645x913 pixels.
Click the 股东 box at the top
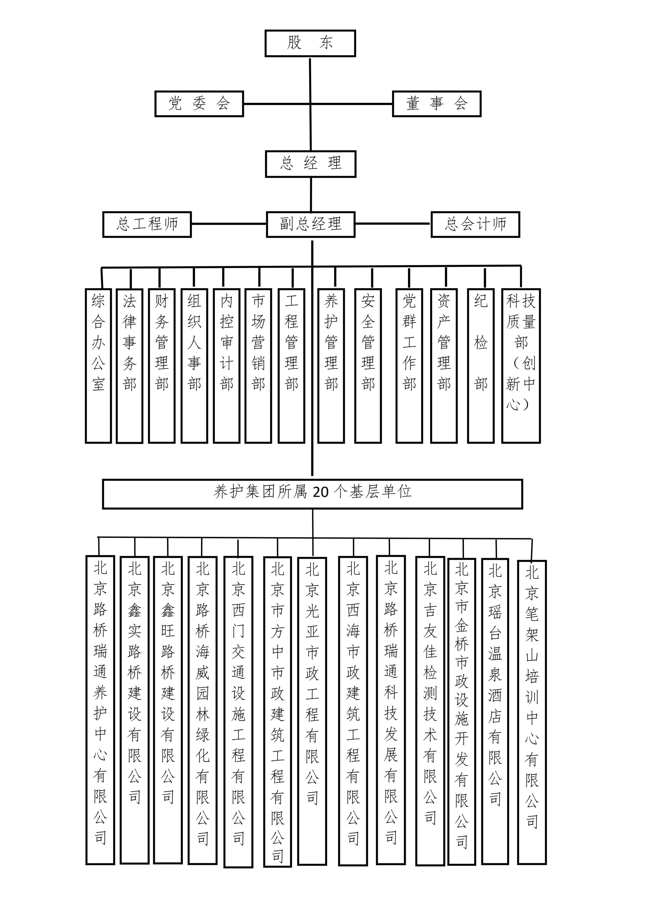310,43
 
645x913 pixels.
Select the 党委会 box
199,104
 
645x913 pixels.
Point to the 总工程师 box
147,224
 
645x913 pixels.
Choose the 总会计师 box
475,224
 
